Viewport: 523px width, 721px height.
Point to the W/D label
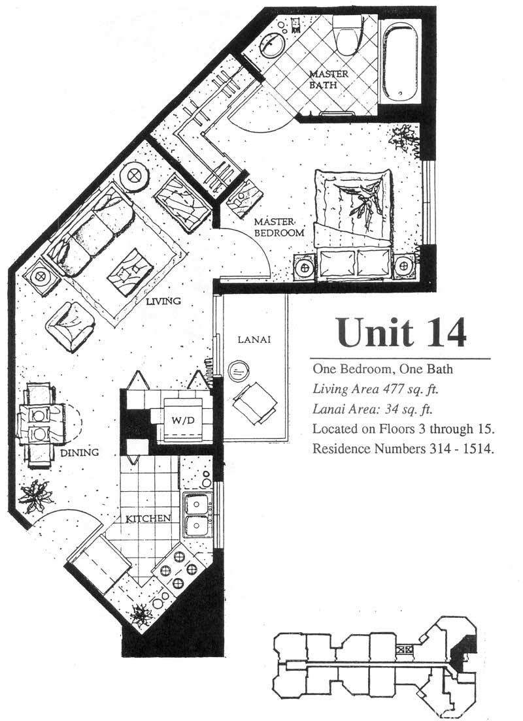[183, 420]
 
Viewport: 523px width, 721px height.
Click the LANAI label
[254, 340]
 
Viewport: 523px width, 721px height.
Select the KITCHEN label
[148, 519]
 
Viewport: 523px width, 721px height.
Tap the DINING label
[80, 452]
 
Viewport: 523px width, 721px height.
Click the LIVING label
[163, 301]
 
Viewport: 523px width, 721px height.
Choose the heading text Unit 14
[401, 332]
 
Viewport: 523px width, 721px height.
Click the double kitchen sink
[198, 515]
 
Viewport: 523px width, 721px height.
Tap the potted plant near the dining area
[36, 496]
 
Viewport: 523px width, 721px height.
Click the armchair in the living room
[70, 327]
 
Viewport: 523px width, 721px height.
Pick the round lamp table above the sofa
[134, 176]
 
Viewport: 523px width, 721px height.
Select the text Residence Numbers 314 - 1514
[403, 448]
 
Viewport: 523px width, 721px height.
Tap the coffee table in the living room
[130, 273]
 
